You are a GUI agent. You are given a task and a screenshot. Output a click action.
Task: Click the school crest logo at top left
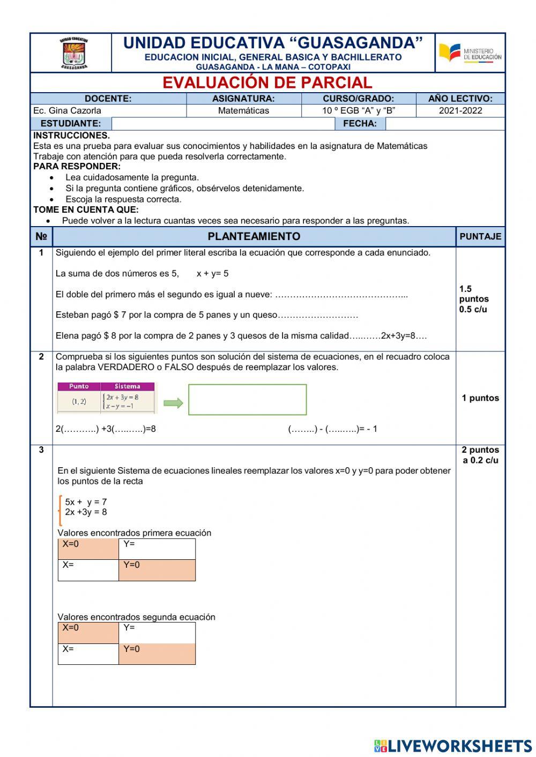[x=73, y=54]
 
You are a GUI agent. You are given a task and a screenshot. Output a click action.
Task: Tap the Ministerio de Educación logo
[x=470, y=54]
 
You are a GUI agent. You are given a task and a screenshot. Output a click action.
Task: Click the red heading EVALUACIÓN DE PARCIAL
[x=267, y=83]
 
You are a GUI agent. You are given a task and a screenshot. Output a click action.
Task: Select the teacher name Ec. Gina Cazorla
[x=67, y=111]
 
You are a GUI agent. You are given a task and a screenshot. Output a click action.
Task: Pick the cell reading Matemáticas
[x=243, y=111]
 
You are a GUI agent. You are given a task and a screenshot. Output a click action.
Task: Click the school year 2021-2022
[x=460, y=111]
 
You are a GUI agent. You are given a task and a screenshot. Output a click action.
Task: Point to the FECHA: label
[x=360, y=124]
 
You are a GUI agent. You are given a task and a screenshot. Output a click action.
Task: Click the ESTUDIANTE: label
[x=70, y=124]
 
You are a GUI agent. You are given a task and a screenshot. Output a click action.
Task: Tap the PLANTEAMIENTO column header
[x=254, y=236]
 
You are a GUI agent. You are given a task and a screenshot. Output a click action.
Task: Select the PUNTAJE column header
[x=480, y=236]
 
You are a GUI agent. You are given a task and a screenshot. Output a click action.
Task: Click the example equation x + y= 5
[x=212, y=274]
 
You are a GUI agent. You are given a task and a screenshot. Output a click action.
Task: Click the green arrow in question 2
[x=173, y=403]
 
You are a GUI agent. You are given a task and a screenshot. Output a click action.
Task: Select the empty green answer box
[x=247, y=400]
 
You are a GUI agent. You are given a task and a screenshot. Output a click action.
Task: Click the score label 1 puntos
[x=480, y=398]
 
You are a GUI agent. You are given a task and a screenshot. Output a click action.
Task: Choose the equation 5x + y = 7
[x=86, y=502]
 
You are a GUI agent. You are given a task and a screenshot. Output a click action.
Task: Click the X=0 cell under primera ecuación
[x=88, y=549]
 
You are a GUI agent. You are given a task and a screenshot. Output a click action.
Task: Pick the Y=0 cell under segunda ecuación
[x=157, y=654]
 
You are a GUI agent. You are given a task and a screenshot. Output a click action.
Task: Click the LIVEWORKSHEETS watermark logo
[x=453, y=746]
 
